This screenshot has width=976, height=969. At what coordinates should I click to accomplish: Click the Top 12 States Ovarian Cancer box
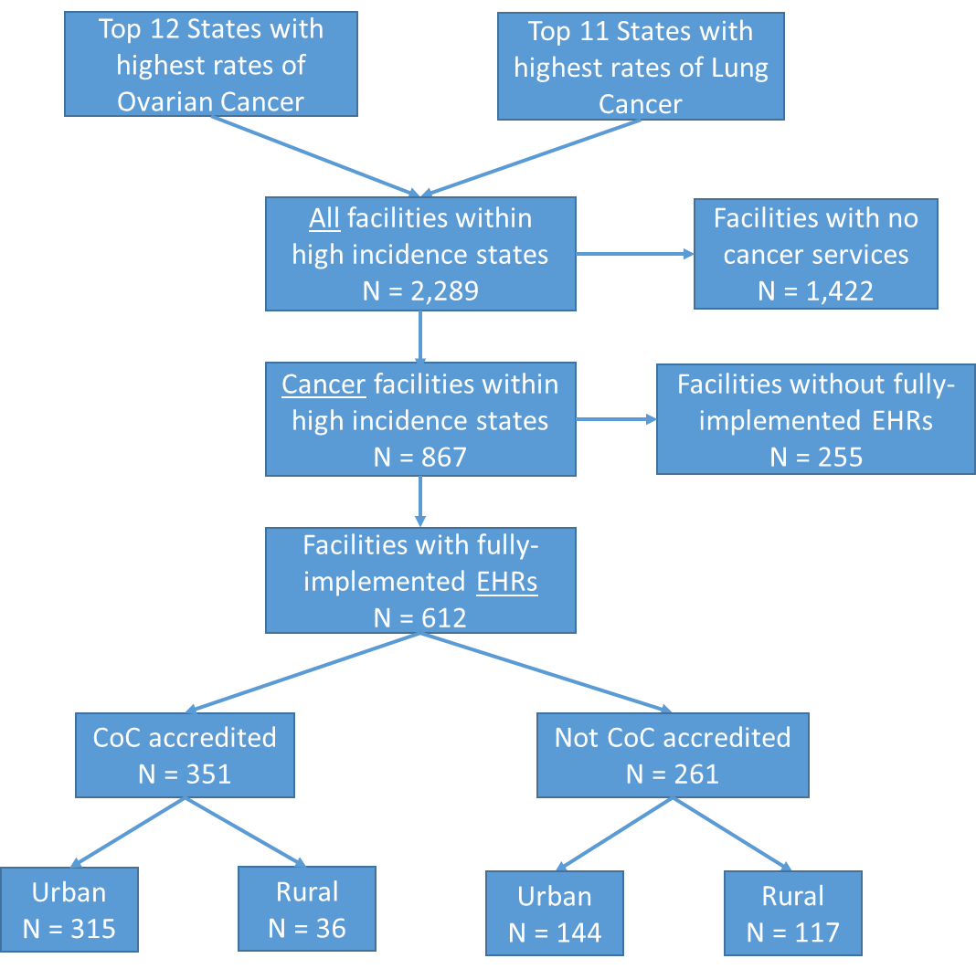(x=210, y=66)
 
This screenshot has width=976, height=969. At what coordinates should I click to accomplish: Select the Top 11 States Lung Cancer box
(x=641, y=68)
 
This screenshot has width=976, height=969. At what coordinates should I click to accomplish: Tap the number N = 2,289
(x=419, y=290)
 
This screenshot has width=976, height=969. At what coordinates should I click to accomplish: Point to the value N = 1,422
(x=815, y=290)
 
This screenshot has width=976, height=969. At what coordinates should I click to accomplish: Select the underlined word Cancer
(x=324, y=384)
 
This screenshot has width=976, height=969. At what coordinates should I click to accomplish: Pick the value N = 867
(x=419, y=456)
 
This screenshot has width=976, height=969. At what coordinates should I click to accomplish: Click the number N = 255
(x=815, y=456)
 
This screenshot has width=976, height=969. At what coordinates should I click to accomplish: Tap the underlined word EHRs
(x=506, y=582)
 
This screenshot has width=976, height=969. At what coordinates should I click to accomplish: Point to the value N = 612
(x=419, y=617)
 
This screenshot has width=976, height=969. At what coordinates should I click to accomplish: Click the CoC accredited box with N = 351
(x=185, y=755)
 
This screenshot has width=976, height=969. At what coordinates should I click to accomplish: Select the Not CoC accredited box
(x=673, y=755)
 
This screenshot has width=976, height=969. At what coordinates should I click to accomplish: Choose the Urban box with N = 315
(x=69, y=910)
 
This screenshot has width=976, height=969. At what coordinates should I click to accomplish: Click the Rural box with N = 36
(x=307, y=910)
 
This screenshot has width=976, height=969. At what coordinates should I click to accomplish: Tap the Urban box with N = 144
(x=555, y=914)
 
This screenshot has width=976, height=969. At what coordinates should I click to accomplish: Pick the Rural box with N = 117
(x=793, y=914)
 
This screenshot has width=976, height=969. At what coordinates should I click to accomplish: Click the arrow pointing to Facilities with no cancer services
(x=634, y=255)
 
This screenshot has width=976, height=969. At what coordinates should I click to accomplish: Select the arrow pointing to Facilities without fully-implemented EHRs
(x=616, y=420)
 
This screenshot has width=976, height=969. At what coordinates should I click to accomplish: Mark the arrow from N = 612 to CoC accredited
(x=302, y=672)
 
